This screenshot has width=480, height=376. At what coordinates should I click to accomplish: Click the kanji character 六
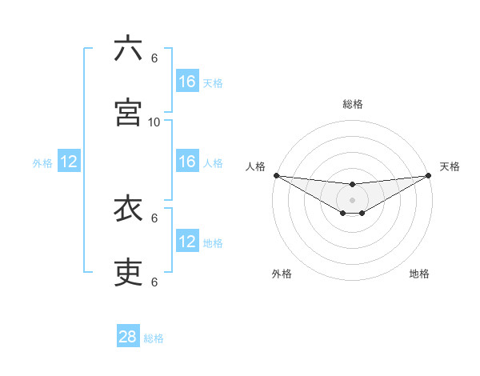[x=128, y=50]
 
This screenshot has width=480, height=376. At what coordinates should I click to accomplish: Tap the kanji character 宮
[x=128, y=112]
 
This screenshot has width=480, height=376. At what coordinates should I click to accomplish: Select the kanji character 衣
[x=128, y=209]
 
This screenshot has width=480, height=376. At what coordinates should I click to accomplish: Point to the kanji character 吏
[x=128, y=273]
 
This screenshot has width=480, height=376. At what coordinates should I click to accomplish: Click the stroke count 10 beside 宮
[x=154, y=122]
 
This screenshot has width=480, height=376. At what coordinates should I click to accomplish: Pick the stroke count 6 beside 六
[x=154, y=58]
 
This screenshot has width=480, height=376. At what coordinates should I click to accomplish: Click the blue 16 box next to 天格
[x=187, y=82]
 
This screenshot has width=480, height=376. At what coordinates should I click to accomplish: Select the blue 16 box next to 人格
[x=187, y=162]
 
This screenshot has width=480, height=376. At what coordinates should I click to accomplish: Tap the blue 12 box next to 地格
[x=187, y=242]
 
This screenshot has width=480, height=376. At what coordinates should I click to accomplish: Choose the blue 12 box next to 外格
[x=69, y=162]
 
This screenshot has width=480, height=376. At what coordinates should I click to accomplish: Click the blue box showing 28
[x=128, y=337]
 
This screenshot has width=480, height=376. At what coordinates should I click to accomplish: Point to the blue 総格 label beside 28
[x=154, y=338]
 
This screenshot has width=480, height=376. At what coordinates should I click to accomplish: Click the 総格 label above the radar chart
[x=353, y=104]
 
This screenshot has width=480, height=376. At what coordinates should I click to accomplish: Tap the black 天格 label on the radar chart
[x=450, y=166]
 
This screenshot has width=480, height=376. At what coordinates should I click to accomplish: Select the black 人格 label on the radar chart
[x=255, y=166]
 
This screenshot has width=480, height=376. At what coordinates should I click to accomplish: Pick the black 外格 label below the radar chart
[x=282, y=274]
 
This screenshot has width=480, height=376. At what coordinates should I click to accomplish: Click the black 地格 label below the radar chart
[x=419, y=274]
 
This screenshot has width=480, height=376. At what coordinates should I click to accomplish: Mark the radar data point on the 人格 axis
[x=276, y=175]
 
